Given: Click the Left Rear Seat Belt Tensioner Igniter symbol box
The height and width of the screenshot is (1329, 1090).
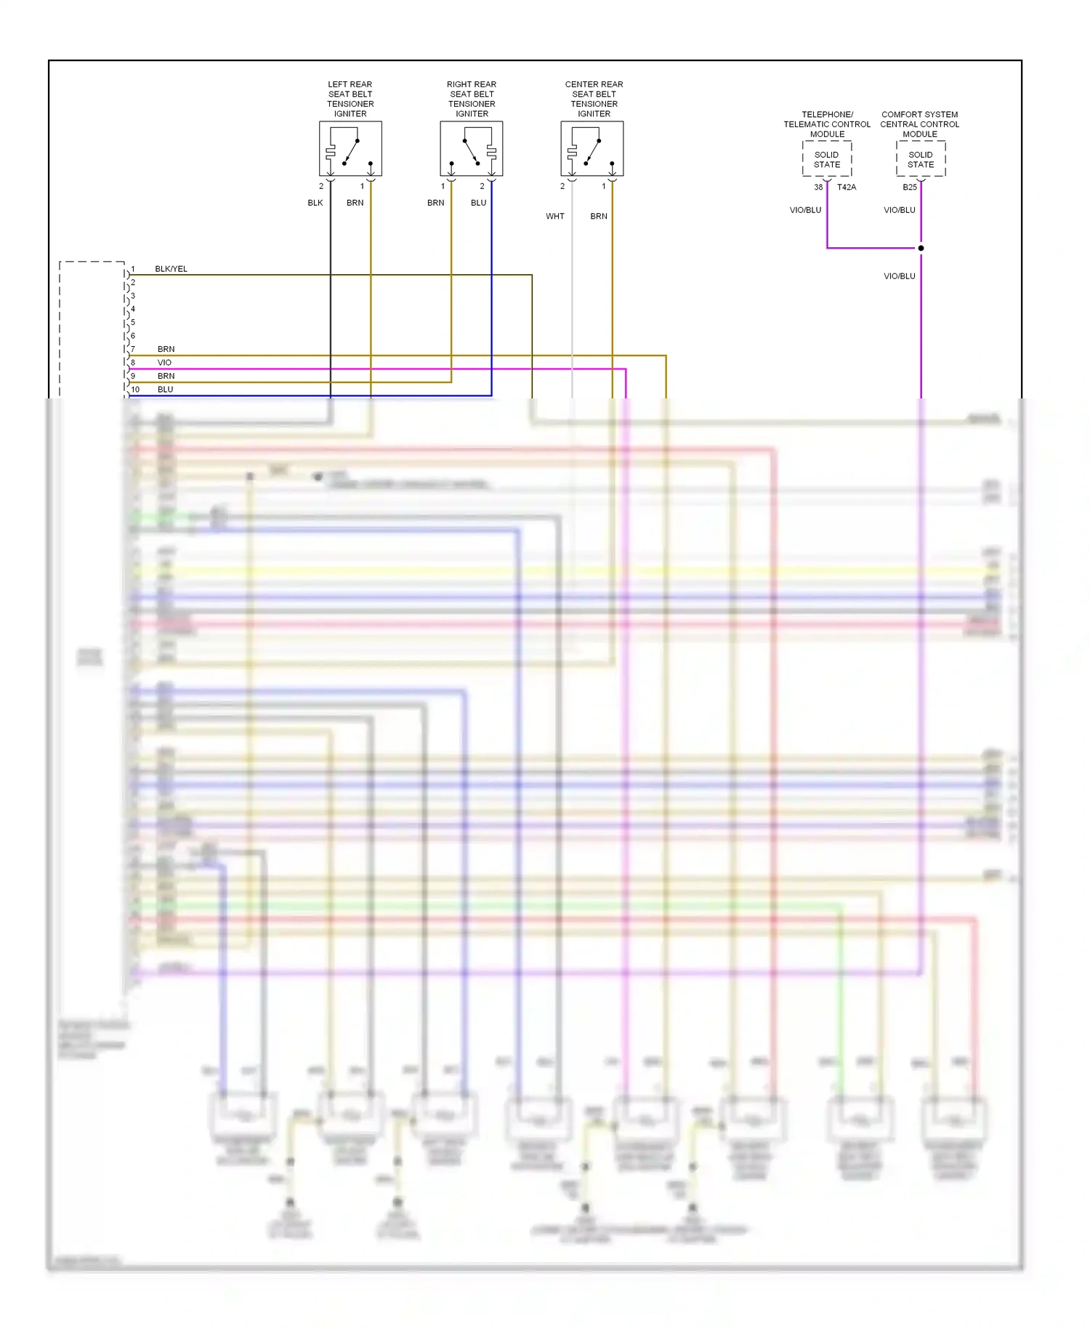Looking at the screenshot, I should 350,148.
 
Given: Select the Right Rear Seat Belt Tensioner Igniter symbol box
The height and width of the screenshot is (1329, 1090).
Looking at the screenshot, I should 472,148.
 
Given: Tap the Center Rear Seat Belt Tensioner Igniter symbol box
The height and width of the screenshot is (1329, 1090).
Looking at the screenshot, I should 592,148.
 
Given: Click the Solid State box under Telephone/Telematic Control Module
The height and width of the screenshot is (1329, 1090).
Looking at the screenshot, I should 827,159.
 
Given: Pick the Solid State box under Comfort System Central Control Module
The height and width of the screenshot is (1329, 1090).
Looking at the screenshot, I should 921,159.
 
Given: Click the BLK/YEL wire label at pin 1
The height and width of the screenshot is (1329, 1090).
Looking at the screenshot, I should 171,269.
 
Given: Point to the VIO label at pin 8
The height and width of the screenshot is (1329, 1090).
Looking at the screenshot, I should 164,363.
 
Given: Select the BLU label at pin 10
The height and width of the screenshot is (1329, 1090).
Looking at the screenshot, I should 166,390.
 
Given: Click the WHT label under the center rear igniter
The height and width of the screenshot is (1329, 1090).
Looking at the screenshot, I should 555,217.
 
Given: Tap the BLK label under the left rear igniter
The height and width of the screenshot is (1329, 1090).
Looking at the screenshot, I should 315,203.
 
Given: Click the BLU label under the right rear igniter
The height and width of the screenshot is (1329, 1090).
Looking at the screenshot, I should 478,203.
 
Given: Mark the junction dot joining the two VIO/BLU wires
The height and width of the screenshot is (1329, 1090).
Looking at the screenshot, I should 921,248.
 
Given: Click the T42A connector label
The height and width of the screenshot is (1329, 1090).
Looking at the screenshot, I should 847,188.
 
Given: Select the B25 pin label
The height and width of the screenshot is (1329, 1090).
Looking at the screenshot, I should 910,188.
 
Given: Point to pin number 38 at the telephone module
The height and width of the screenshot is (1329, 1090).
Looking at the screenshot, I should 818,188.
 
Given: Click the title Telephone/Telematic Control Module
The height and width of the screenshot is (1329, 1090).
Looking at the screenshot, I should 827,124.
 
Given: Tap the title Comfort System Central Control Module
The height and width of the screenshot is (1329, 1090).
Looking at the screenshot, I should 920,124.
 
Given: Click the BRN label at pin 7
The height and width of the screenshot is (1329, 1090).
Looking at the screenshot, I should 166,350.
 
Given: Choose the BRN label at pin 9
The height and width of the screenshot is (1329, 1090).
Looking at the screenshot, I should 166,377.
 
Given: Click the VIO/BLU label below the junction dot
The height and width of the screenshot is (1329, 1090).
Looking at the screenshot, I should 900,276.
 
